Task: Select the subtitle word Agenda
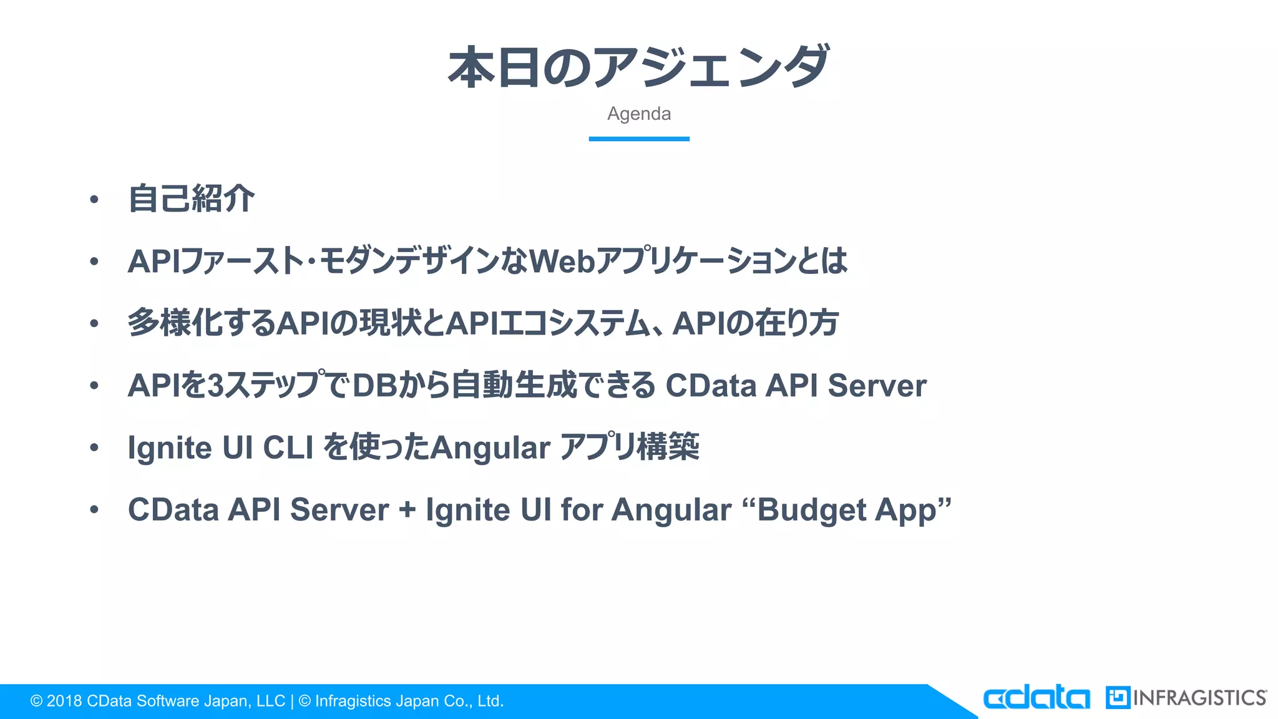click(x=639, y=114)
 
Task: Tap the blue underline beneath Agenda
click(x=639, y=139)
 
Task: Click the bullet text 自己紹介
click(x=192, y=199)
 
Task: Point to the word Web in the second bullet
click(x=562, y=262)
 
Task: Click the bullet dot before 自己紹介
click(x=94, y=200)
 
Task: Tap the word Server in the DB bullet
click(x=877, y=386)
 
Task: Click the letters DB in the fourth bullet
click(x=375, y=386)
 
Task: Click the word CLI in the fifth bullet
click(x=288, y=448)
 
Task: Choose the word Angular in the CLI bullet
click(x=490, y=448)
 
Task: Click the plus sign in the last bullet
click(x=407, y=510)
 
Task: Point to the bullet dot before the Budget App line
click(x=94, y=510)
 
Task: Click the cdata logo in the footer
click(x=1036, y=698)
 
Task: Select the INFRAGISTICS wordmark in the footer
click(x=1199, y=698)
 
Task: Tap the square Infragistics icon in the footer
click(x=1118, y=698)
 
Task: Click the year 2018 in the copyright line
click(x=64, y=702)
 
